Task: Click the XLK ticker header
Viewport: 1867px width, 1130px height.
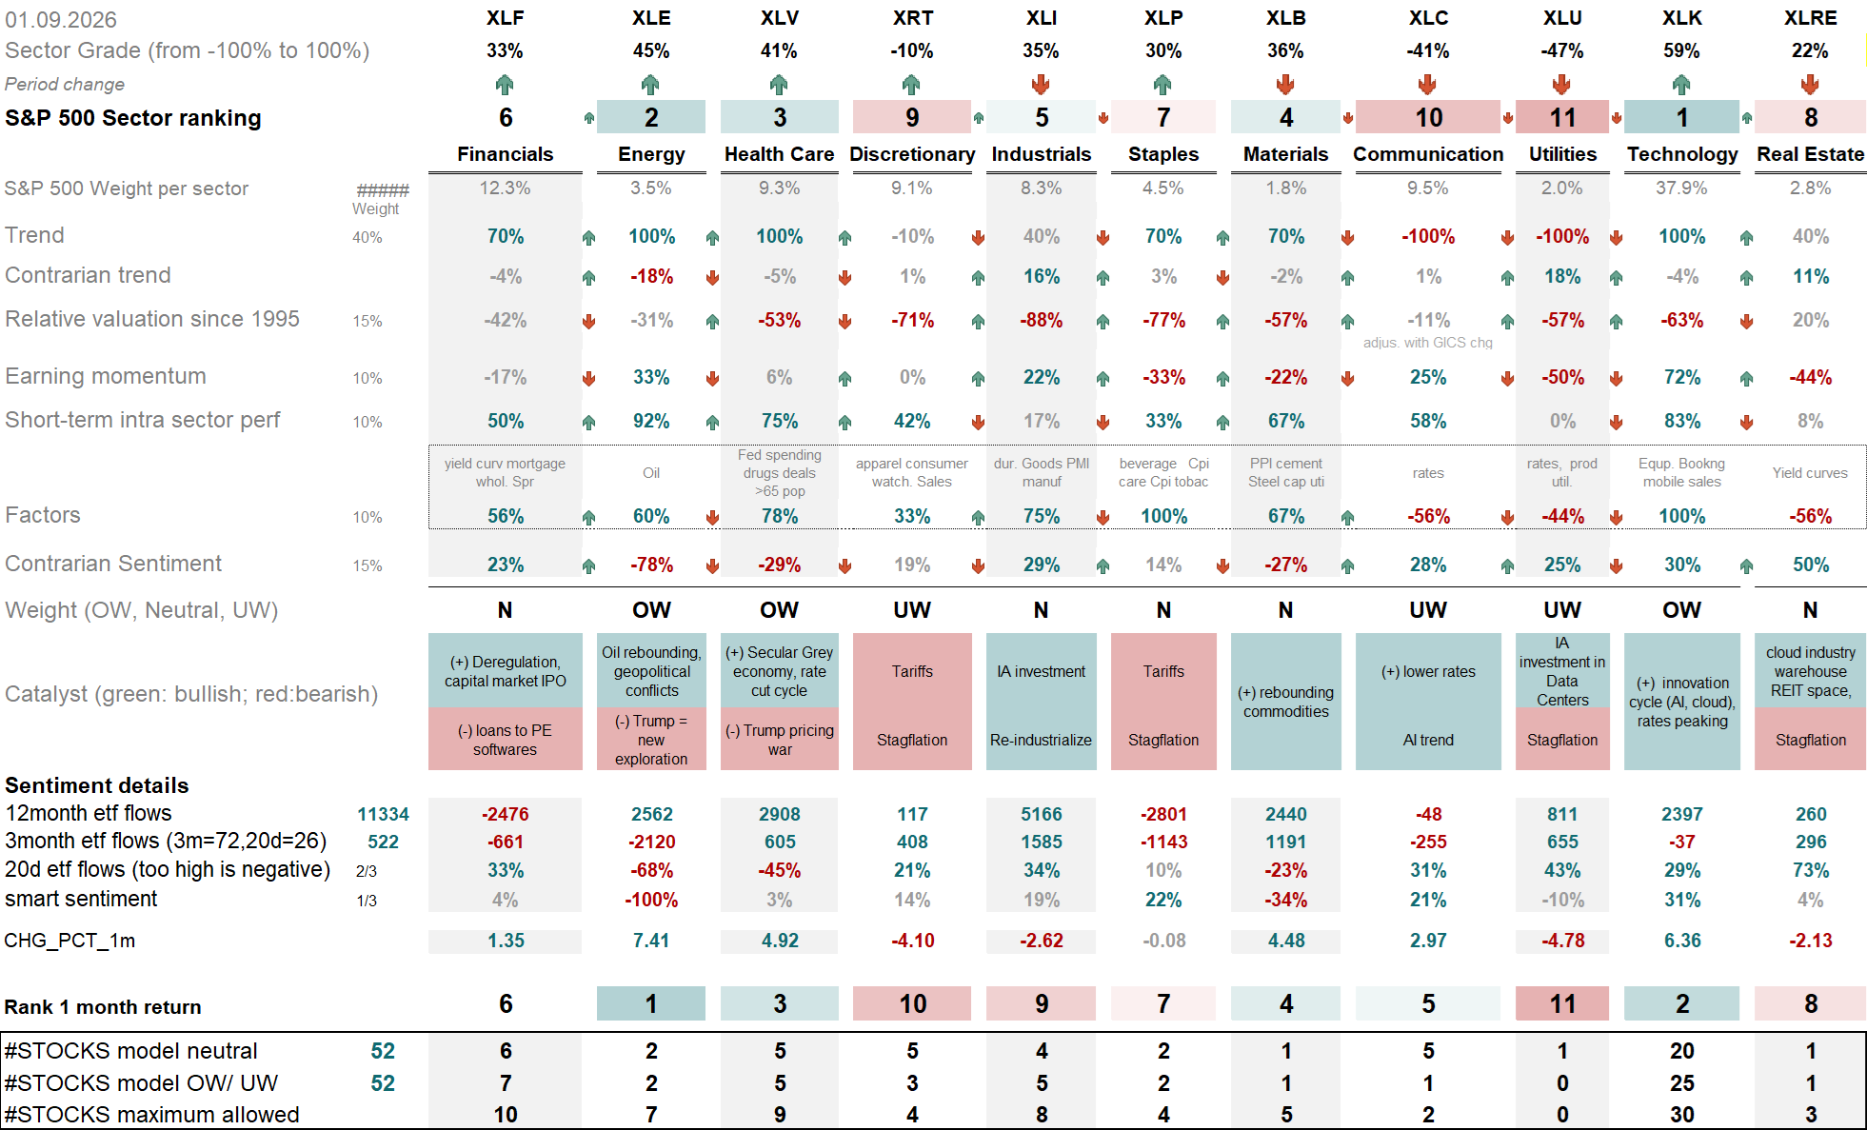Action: click(1681, 18)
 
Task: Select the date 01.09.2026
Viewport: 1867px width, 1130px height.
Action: click(61, 20)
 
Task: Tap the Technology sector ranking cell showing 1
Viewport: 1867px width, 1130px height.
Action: click(1681, 117)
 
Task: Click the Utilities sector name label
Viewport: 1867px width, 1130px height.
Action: click(1562, 154)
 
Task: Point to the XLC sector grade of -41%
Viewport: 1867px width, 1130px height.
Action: click(1428, 51)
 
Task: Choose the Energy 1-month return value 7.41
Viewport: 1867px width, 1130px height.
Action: click(651, 941)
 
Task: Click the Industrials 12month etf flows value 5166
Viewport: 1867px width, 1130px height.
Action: click(1042, 814)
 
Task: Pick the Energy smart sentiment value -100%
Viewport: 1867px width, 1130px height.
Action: click(651, 900)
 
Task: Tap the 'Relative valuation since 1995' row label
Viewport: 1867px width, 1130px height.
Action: click(152, 319)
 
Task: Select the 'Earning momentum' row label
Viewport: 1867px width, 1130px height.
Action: click(106, 376)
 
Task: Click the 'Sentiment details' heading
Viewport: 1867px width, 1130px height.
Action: click(97, 785)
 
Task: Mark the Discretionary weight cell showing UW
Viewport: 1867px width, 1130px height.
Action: click(912, 610)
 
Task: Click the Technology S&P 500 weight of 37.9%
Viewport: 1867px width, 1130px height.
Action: click(1681, 188)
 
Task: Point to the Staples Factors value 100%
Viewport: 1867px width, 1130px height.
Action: click(1163, 516)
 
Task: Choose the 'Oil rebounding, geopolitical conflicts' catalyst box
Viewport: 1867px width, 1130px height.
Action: click(651, 671)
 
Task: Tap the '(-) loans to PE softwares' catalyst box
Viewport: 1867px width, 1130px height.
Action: click(506, 740)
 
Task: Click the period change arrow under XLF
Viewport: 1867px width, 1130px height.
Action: click(505, 85)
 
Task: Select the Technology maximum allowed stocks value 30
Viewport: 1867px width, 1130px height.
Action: click(1681, 1115)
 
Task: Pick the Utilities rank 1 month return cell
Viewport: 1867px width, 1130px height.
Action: click(1562, 1003)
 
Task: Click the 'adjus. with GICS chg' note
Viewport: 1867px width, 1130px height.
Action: click(1428, 343)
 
